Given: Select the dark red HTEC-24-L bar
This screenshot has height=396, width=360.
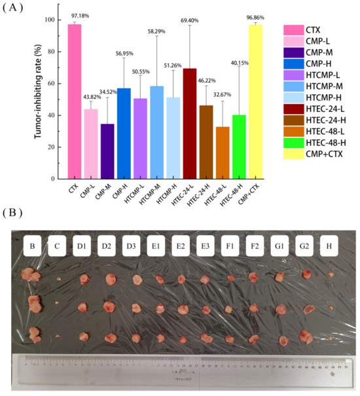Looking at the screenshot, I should pos(189,124).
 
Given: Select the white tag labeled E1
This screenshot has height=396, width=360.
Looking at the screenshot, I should pos(156,247).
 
